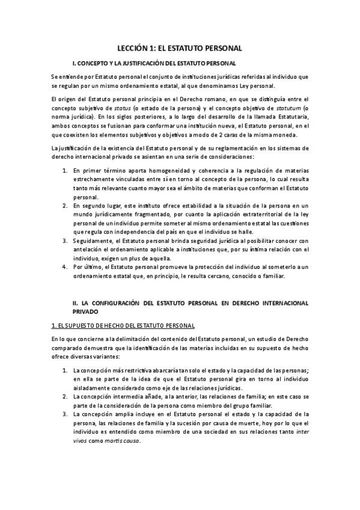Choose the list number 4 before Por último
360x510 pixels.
(66, 266)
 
